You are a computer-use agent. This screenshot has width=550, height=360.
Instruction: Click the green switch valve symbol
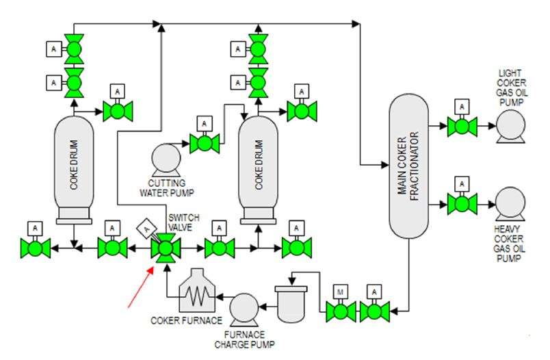164,248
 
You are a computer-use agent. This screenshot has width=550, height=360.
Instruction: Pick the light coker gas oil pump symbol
510,125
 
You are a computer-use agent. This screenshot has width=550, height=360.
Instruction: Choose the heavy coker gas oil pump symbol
510,203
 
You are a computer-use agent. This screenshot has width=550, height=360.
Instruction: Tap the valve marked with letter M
340,311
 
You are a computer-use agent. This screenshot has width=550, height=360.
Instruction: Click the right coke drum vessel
258,168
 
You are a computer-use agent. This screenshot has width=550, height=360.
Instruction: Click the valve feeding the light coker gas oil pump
462,125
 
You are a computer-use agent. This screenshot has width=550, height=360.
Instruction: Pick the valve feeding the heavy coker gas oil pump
462,203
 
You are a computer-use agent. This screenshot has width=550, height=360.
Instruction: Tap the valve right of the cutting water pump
205,142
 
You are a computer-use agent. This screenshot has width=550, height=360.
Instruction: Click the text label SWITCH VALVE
181,222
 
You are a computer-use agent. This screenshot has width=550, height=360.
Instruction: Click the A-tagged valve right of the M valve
375,311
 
